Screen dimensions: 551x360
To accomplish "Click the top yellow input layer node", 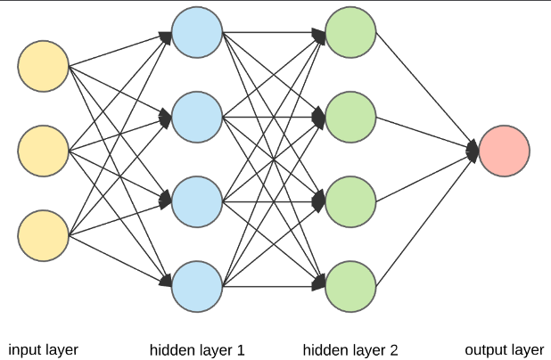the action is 43,66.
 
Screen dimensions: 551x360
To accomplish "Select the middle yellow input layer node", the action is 43,151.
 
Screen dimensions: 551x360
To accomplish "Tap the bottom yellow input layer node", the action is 43,235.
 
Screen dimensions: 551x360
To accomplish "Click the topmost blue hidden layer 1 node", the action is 197,32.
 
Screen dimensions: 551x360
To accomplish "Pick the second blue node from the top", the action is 197,117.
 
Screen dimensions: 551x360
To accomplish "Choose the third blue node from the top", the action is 197,201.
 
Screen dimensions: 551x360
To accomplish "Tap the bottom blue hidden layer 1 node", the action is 197,286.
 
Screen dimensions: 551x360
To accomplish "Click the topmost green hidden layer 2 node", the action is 350,32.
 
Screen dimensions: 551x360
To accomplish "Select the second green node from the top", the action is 350,117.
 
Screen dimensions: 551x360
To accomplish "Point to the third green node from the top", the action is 350,201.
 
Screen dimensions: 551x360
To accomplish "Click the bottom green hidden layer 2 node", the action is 350,286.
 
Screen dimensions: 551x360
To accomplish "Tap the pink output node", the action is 505,151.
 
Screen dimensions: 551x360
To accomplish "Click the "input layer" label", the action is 43,350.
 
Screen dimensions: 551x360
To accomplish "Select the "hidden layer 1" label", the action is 197,350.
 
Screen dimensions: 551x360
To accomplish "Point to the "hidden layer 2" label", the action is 350,350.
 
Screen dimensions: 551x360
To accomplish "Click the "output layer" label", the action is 505,350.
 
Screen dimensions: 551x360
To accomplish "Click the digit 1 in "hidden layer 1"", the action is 241,350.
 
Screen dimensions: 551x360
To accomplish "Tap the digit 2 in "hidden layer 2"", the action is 394,350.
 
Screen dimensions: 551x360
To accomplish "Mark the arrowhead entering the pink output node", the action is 473,151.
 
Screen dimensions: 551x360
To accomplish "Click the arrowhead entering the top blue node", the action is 166,38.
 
